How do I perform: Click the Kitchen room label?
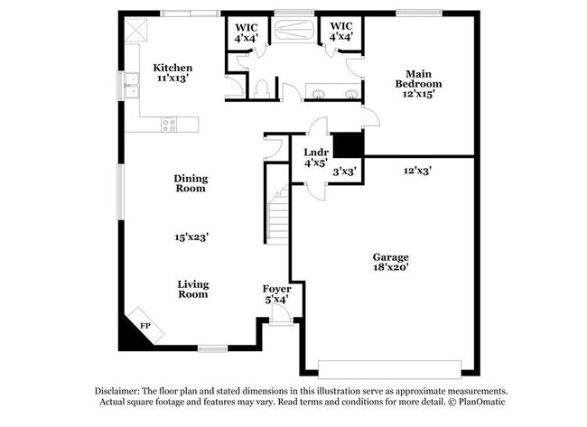(x=172, y=68)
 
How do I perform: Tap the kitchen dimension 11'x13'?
(x=172, y=79)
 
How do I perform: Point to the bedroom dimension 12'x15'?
(x=417, y=95)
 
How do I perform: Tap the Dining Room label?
(x=191, y=183)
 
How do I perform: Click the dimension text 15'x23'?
(x=192, y=237)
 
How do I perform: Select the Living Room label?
(x=192, y=289)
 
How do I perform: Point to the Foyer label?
(x=276, y=290)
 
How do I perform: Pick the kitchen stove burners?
(x=169, y=125)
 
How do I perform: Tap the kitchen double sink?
(x=132, y=86)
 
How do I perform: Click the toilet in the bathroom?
(x=262, y=88)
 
